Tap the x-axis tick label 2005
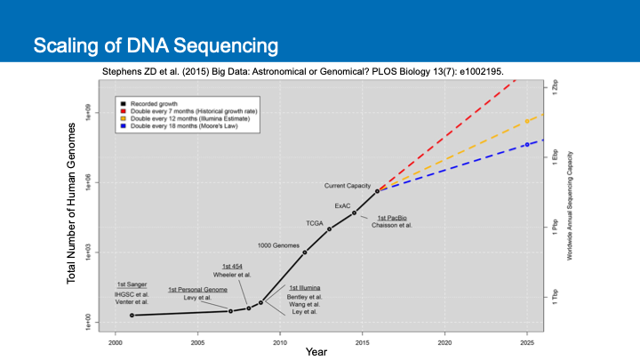point(197,342)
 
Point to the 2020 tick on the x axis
point(444,342)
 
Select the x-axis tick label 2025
point(527,342)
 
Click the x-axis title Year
point(316,352)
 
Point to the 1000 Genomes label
point(278,244)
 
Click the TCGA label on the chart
point(315,222)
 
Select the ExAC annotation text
point(342,206)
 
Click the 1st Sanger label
point(132,284)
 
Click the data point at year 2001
point(132,315)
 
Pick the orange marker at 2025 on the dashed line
point(527,121)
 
